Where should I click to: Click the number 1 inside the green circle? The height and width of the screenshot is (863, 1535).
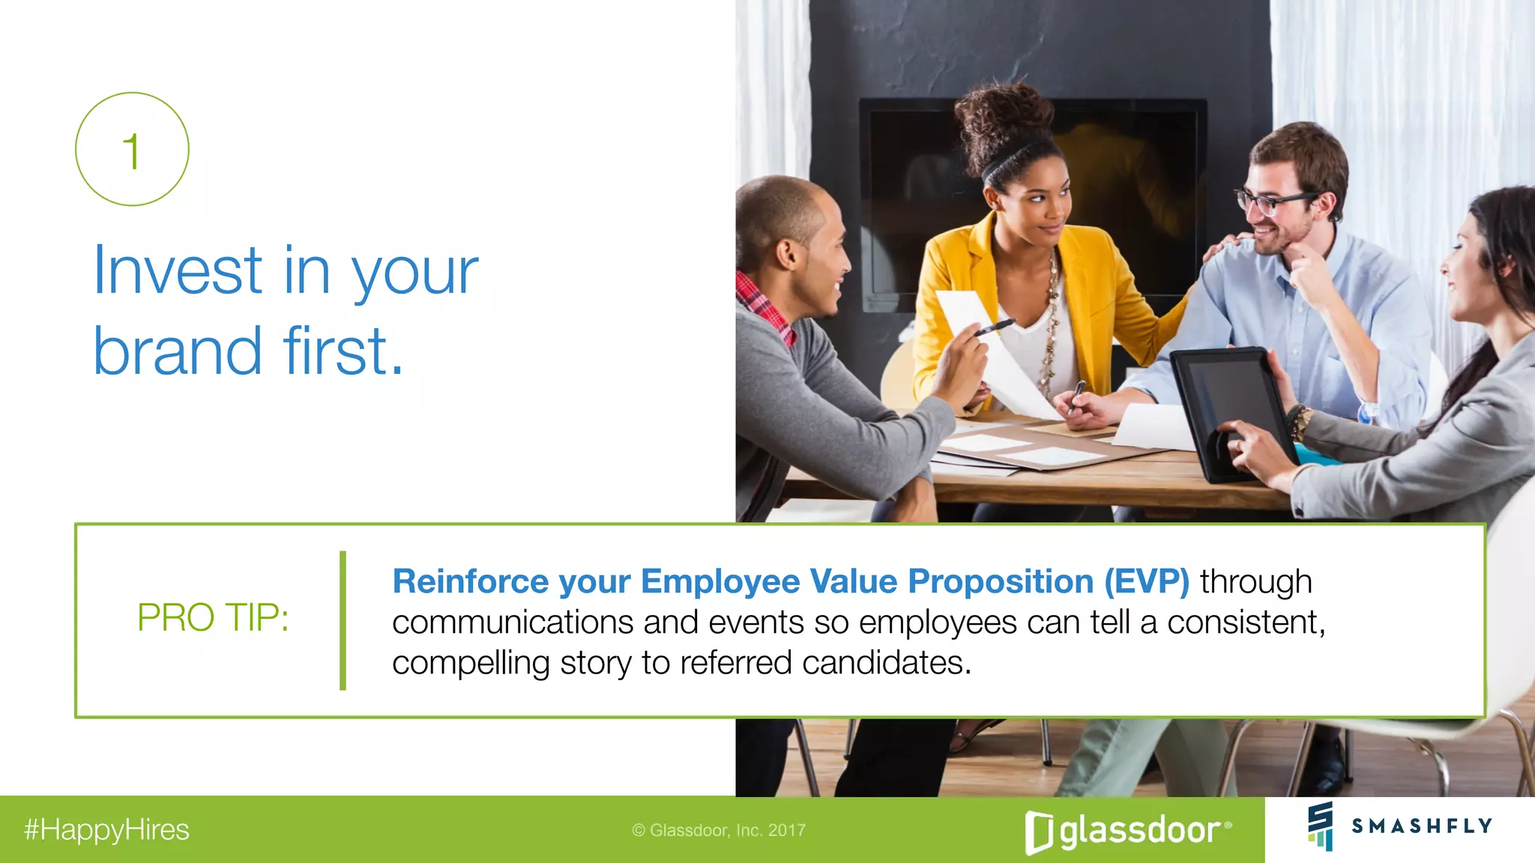[132, 151]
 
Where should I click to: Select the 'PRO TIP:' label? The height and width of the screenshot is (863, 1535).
[213, 618]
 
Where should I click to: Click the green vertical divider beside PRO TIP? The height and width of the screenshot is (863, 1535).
[343, 620]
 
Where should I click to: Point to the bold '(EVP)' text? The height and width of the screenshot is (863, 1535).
[1146, 582]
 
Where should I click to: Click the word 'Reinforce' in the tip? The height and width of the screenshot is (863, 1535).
[470, 582]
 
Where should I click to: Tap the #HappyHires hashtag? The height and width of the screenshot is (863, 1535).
[106, 830]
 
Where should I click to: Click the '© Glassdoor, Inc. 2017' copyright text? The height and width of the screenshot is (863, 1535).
[718, 830]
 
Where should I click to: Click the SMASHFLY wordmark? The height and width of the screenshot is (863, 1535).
[1421, 826]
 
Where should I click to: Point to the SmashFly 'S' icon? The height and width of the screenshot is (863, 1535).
[1321, 826]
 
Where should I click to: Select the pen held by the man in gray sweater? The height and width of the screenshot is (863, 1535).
[994, 327]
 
